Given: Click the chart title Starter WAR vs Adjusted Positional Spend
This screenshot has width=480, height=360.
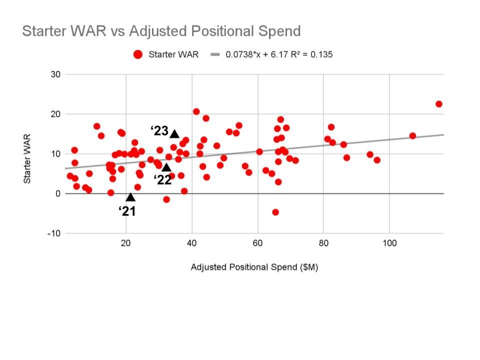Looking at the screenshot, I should pos(161,31).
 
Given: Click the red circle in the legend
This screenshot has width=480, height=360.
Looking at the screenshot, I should pos(138,54).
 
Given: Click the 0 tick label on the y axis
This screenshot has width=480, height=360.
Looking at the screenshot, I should pos(57,193).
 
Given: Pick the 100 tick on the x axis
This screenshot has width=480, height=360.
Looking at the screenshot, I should pos(390,243).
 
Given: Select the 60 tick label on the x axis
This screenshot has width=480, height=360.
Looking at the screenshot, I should pos(257,243).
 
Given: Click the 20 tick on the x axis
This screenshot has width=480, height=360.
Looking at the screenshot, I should pos(126,243).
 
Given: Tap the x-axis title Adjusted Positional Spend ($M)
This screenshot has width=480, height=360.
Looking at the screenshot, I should pos(254,267).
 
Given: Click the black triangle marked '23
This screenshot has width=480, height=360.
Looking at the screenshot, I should pos(174,133).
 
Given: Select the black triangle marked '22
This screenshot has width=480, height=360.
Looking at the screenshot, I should pos(166,167).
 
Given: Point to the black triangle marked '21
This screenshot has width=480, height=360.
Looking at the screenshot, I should pos(130,197).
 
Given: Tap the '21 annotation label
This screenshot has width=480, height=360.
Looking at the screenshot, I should pos(127,211).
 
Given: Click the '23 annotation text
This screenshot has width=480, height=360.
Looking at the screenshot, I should pos(159,131).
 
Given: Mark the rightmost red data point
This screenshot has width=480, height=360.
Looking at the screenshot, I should pos(439,104).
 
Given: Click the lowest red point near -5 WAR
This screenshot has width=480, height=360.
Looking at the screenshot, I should pos(275,212).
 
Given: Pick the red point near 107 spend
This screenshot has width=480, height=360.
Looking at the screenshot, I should pos(412,135).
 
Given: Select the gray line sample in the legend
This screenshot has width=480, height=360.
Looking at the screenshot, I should pos(215,54).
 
